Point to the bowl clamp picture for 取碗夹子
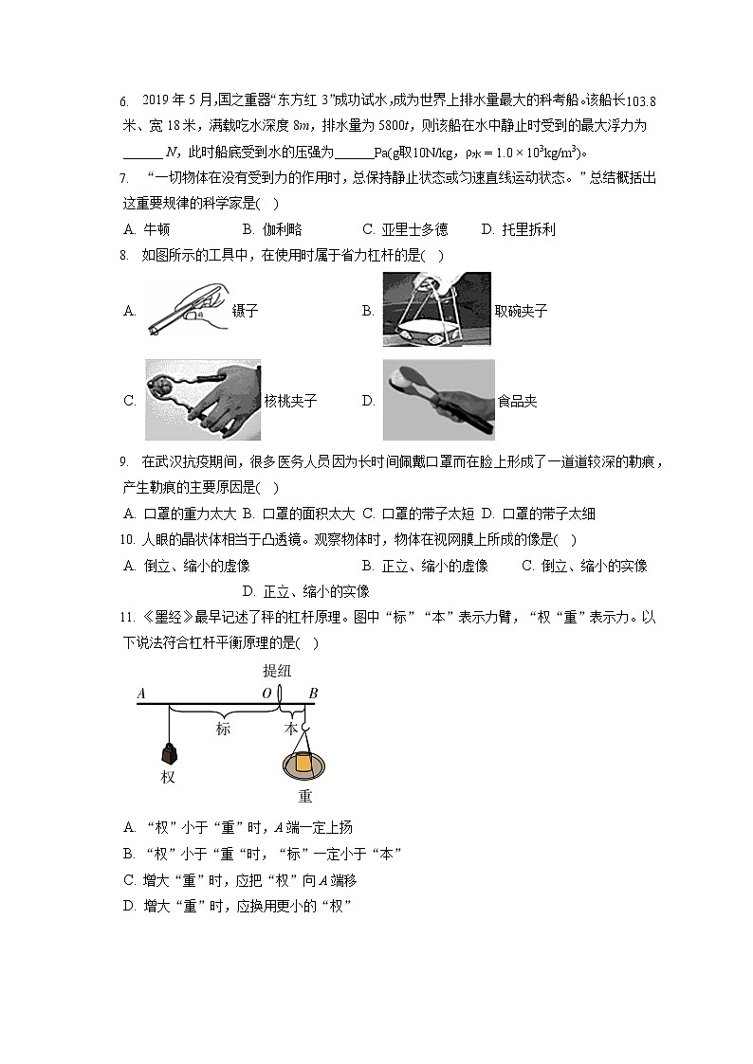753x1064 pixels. coord(436,310)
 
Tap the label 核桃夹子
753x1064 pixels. coord(291,401)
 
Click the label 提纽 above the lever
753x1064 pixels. coord(278,671)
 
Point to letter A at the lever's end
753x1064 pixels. coord(141,694)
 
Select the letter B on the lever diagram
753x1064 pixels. coord(313,694)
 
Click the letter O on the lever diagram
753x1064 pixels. coord(266,694)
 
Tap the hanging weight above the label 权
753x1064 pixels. coord(169,753)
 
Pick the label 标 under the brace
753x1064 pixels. coord(223,729)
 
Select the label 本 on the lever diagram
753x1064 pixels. coord(291,729)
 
